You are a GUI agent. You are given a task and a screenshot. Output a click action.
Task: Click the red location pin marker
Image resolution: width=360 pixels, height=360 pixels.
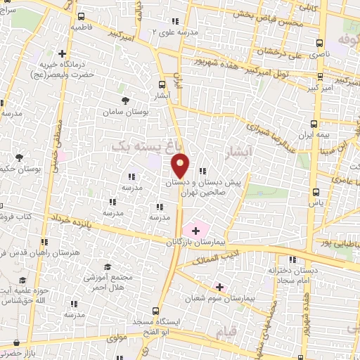pyautogui.click(x=181, y=165)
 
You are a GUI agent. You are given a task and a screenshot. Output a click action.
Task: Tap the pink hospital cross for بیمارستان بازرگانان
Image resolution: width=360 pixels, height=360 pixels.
pyautogui.click(x=195, y=230)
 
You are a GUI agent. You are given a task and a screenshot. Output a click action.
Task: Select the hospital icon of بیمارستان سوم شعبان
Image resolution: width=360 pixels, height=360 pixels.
pyautogui.click(x=220, y=287)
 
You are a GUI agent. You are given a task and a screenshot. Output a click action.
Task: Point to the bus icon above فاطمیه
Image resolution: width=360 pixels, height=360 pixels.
pyautogui.click(x=82, y=16)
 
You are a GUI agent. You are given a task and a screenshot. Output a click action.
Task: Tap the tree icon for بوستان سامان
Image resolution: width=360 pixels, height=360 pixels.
pyautogui.click(x=126, y=101)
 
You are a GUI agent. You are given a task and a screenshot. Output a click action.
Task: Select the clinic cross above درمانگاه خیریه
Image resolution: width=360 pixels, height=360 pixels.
pyautogui.click(x=63, y=53)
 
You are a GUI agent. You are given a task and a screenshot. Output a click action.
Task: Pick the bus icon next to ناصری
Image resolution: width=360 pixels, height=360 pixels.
pyautogui.click(x=321, y=41)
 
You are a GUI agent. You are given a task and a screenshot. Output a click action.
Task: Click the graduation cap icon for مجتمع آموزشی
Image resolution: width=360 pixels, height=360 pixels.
pyautogui.click(x=108, y=266)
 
